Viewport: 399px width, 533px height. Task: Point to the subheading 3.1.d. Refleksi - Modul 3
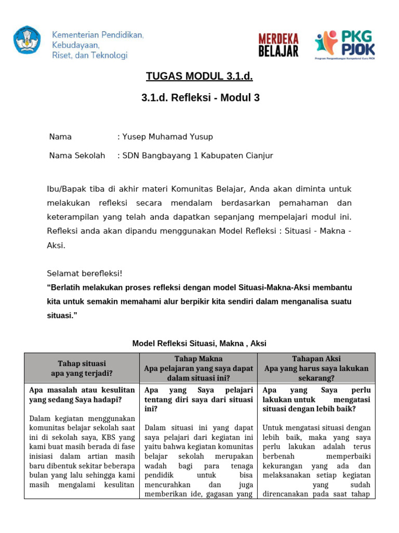point(200,98)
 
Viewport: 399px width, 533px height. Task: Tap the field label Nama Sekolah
point(77,156)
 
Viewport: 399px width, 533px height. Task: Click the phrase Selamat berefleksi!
point(85,273)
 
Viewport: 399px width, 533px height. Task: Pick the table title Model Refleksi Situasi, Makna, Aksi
point(199,343)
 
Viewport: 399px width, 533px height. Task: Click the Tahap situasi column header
point(82,368)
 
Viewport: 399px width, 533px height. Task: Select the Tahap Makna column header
point(198,368)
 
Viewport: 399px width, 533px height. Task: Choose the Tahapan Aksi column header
point(316,368)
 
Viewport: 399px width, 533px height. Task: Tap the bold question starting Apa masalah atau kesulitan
point(82,395)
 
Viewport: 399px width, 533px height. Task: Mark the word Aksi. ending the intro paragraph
point(56,245)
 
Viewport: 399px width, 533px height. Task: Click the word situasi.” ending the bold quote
point(65,315)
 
